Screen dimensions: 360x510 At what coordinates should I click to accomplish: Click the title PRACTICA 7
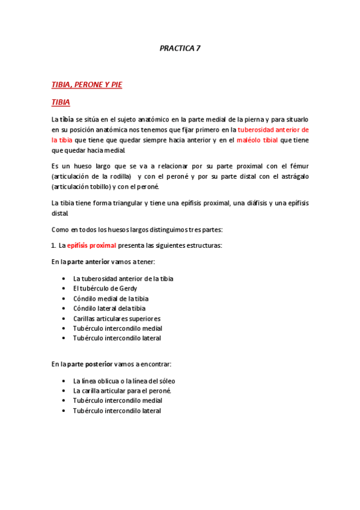(x=180, y=49)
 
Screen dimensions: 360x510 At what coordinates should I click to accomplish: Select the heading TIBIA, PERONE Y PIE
(x=87, y=85)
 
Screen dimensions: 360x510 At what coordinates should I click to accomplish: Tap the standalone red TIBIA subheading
(x=61, y=102)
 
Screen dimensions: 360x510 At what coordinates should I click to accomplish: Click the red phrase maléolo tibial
(x=257, y=140)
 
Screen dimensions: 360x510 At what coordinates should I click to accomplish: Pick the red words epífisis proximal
(x=91, y=245)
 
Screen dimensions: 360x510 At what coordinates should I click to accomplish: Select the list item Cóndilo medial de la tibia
(x=111, y=298)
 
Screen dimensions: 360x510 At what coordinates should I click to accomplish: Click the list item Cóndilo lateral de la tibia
(x=109, y=309)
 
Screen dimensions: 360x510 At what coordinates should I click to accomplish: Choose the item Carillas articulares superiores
(x=117, y=318)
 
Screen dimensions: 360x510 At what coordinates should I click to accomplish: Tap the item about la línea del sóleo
(x=124, y=381)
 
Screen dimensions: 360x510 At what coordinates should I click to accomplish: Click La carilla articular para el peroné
(x=122, y=390)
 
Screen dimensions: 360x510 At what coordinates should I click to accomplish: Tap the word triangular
(x=126, y=203)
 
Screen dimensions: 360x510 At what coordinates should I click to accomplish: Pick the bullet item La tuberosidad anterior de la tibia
(x=123, y=278)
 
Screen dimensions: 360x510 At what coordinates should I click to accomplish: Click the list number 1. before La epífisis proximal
(x=53, y=245)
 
